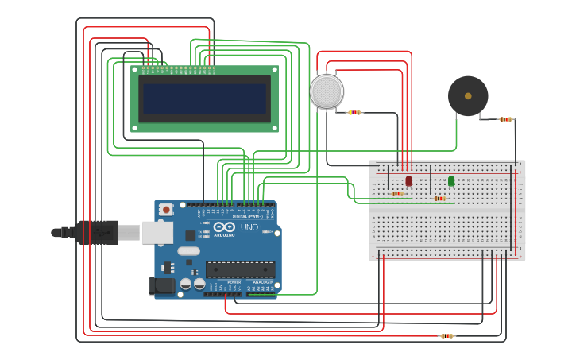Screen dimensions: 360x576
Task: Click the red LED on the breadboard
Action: point(409,181)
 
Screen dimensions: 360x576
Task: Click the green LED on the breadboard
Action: point(451,181)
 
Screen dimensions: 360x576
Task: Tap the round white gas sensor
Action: point(327,91)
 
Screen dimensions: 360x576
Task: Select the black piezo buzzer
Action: point(468,96)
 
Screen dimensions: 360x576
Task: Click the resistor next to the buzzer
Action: point(506,119)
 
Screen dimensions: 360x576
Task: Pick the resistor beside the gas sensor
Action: point(354,113)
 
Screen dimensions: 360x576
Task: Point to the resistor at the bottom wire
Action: point(447,336)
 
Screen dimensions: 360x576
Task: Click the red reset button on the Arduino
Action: point(166,210)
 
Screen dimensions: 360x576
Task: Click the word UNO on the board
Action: point(249,227)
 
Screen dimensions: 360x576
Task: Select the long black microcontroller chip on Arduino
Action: point(240,269)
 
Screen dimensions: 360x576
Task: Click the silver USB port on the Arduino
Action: point(157,232)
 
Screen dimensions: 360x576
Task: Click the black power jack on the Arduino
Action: point(164,286)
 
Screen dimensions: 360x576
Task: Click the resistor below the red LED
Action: point(397,193)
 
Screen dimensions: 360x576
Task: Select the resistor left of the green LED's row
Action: point(440,199)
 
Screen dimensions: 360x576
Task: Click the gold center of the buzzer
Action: point(468,96)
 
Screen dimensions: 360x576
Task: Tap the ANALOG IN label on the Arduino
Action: point(261,282)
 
